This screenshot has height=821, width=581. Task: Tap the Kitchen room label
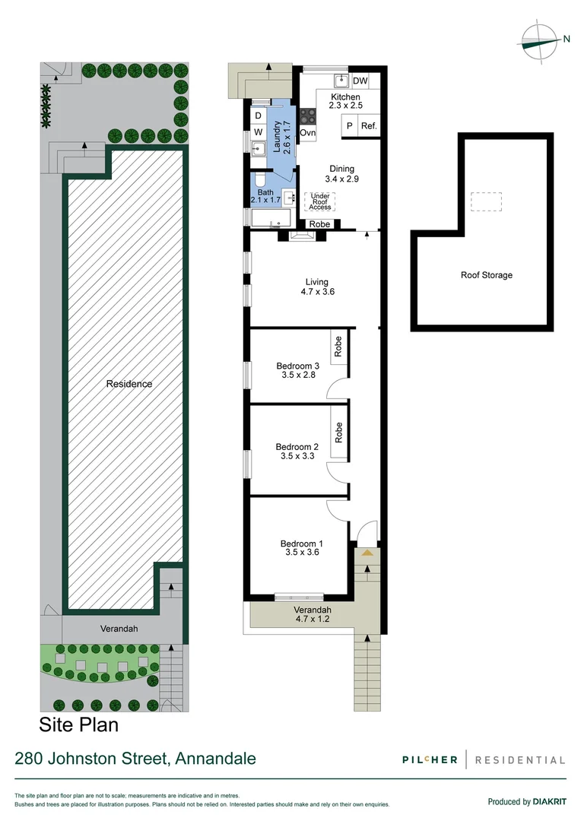pos(344,97)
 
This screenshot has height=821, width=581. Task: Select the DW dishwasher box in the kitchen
pos(360,81)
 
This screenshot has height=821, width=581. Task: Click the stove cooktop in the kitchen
pos(308,117)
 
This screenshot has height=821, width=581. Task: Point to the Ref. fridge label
pos(369,127)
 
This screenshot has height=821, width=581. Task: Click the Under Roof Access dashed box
pos(319,201)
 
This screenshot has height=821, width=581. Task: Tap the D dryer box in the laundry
pos(258,116)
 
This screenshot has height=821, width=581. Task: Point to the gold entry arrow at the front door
pos(367,552)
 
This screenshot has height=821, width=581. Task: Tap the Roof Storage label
pos(487,275)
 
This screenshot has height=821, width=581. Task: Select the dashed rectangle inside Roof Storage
pos(486,201)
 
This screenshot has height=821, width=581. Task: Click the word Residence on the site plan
pos(129,384)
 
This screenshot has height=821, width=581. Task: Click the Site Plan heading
pos(78,724)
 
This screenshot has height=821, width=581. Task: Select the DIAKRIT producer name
pos(550,801)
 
